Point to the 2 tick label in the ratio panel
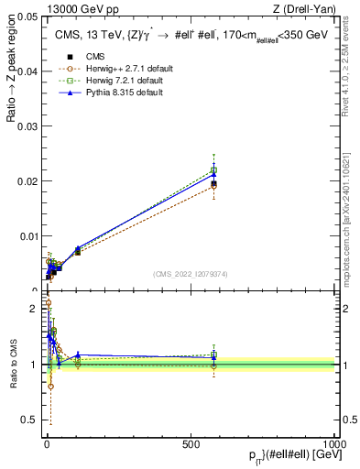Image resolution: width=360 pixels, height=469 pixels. pyautogui.click(x=35, y=309)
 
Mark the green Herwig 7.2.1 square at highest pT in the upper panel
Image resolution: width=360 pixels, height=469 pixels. pyautogui.click(x=213, y=170)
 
